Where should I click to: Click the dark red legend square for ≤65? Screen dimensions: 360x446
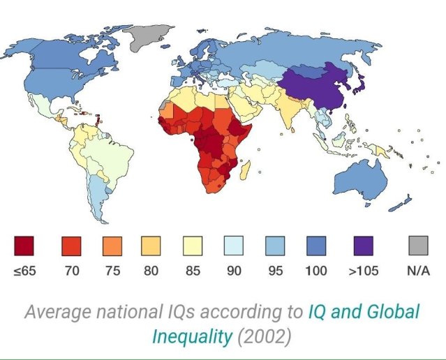pyautogui.click(x=24, y=246)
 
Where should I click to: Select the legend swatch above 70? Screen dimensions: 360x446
pyautogui.click(x=71, y=246)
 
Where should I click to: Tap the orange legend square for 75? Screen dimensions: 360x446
pyautogui.click(x=111, y=246)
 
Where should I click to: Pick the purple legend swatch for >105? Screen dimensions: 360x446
pyautogui.click(x=362, y=246)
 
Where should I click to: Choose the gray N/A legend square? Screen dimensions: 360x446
pyautogui.click(x=418, y=246)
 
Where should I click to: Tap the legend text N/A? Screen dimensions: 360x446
pyautogui.click(x=418, y=271)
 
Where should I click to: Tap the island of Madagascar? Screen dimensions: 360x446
pyautogui.click(x=244, y=170)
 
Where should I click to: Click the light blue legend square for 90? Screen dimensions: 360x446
pyautogui.click(x=234, y=246)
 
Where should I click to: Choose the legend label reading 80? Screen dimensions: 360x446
pyautogui.click(x=151, y=271)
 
